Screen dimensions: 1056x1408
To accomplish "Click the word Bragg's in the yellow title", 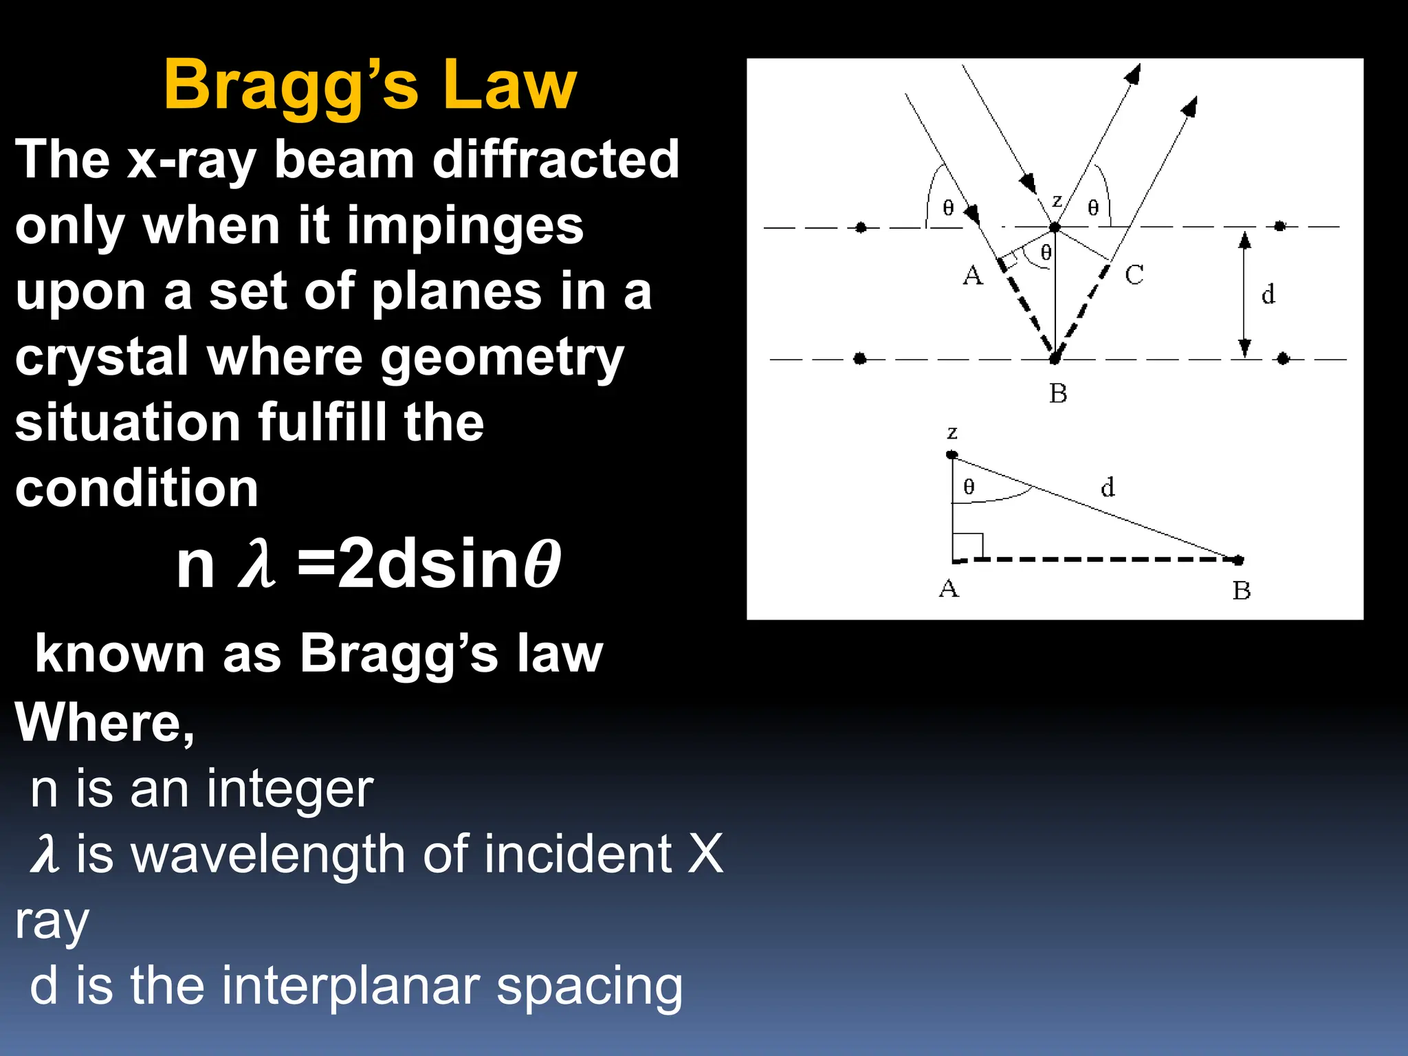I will click(290, 85).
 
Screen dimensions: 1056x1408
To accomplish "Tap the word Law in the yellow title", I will click(509, 85).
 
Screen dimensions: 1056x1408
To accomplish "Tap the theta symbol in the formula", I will click(542, 565).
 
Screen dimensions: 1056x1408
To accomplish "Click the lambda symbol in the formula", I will click(256, 565).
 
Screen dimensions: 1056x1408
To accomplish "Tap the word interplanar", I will click(351, 986).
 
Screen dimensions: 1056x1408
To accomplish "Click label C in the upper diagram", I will click(1134, 275).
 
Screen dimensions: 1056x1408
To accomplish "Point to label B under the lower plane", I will click(1058, 394).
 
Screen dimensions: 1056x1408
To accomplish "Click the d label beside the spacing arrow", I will click(1268, 295).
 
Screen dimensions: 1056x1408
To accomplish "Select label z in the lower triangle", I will click(952, 433).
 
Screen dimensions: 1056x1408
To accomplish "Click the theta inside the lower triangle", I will click(969, 487).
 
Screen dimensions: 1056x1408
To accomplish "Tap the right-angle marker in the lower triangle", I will click(968, 547).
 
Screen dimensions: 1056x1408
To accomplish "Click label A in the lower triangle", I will click(949, 589).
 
